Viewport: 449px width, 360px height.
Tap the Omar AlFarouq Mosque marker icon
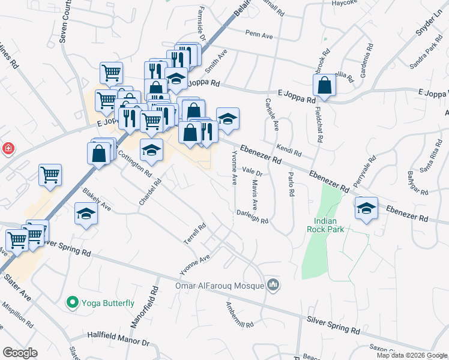[x=274, y=284]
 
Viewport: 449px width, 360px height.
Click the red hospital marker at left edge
[x=8, y=148]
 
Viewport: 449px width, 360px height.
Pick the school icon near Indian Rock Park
[x=366, y=208]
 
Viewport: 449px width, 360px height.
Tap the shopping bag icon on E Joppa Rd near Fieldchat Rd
[x=324, y=86]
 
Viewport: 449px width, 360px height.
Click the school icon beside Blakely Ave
[x=86, y=214]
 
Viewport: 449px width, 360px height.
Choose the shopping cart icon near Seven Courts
[x=111, y=73]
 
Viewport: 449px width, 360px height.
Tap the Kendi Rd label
[x=285, y=147]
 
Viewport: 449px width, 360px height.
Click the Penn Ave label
[x=259, y=37]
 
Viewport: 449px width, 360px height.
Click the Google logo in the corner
[x=20, y=353]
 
